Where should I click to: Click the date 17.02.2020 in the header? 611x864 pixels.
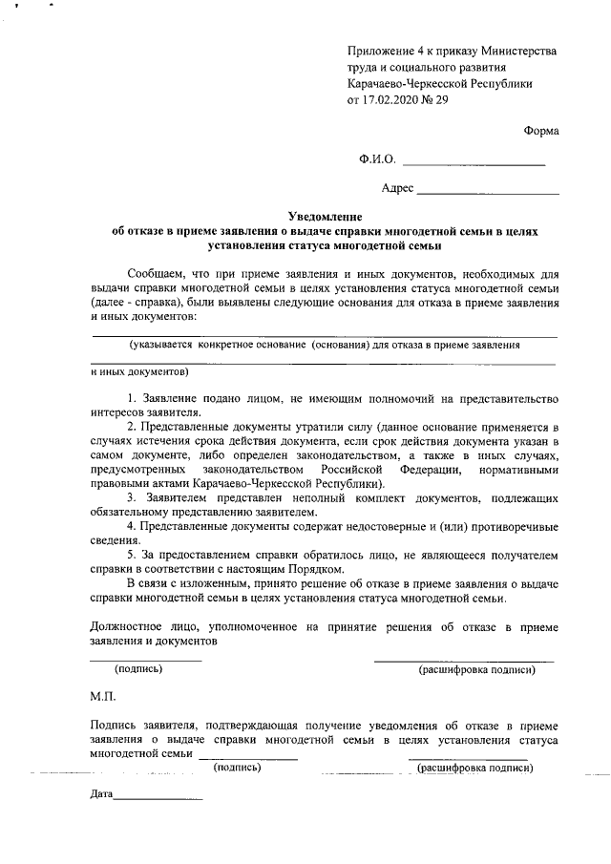[x=393, y=100]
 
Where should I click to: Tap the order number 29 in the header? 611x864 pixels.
[x=441, y=100]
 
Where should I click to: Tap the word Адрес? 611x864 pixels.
[x=397, y=188]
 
